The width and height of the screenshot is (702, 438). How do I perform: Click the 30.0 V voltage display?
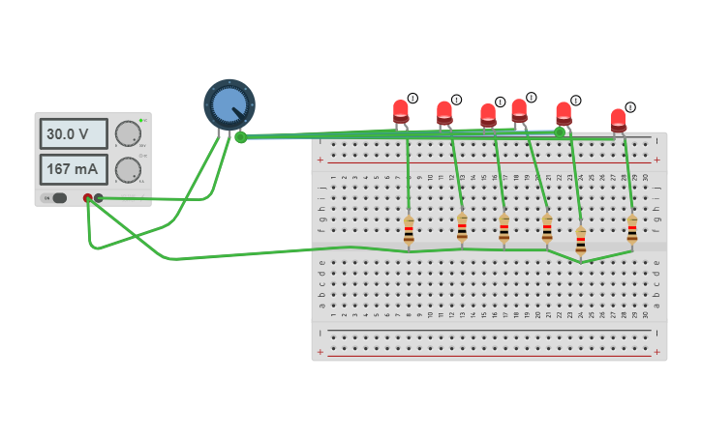73,133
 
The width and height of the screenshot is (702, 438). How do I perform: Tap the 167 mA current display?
73,169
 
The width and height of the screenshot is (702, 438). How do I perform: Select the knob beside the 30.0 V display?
128,133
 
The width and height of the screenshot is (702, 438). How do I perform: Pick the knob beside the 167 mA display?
128,170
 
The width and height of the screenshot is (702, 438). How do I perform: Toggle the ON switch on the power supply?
58,197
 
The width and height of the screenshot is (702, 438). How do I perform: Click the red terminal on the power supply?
87,198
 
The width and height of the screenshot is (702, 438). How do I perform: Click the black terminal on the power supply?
99,198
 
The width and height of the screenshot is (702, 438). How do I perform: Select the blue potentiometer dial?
229,103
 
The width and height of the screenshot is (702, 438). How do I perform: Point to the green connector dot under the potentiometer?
240,137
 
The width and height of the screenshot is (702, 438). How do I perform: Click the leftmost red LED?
401,111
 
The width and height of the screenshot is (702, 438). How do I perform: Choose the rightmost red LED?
619,120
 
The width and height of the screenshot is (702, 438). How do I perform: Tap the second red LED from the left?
444,113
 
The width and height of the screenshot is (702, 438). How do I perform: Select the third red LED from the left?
488,115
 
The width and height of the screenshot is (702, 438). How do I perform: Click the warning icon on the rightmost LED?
630,107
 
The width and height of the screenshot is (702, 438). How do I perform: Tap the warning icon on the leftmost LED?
412,98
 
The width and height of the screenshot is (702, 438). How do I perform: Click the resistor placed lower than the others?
581,242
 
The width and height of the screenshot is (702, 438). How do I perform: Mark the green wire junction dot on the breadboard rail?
559,131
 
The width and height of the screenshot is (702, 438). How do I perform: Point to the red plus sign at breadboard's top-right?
657,160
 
